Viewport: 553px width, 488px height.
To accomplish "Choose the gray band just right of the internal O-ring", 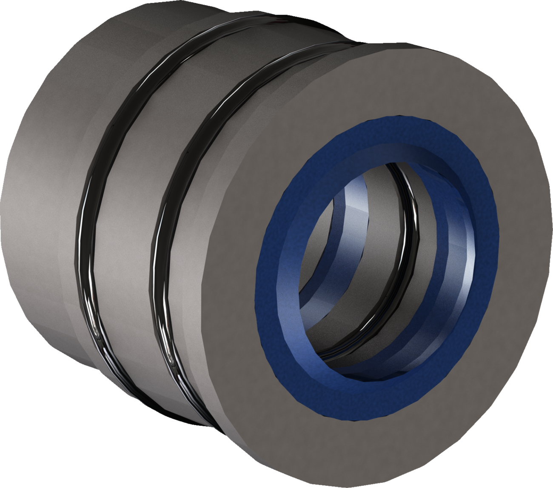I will (x=434, y=238).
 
